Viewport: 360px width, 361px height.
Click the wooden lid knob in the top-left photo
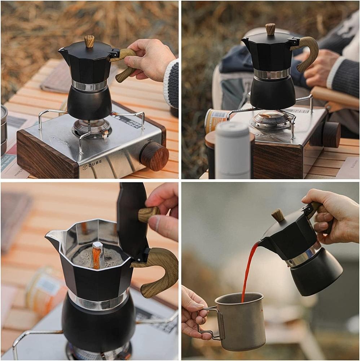[x=89, y=41]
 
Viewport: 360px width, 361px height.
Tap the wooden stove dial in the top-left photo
[x=154, y=156]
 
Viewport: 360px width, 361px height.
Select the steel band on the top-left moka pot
[x=89, y=86]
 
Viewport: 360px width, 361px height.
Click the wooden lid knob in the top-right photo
[x=271, y=29]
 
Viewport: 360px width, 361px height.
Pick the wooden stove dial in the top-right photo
[x=331, y=134]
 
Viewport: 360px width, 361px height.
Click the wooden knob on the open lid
[x=148, y=214]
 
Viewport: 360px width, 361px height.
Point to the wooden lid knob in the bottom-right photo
[x=278, y=215]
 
